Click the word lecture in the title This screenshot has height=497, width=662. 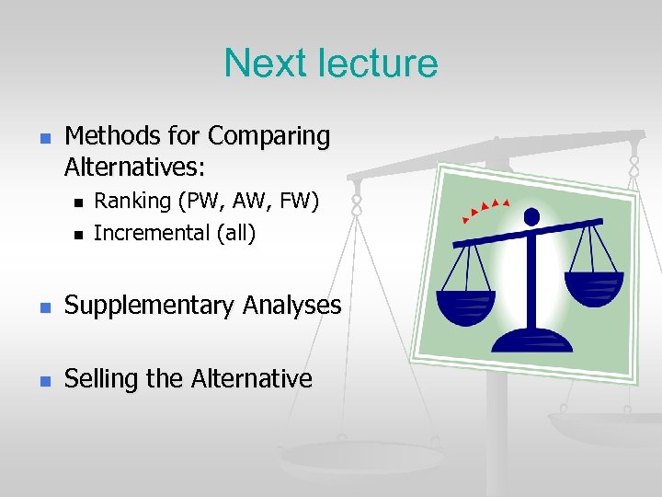point(378,64)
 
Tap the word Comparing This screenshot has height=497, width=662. point(268,136)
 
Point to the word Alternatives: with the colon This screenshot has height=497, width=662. point(135,168)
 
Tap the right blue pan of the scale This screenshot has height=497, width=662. point(593,289)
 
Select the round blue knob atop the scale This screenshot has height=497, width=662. point(531,217)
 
